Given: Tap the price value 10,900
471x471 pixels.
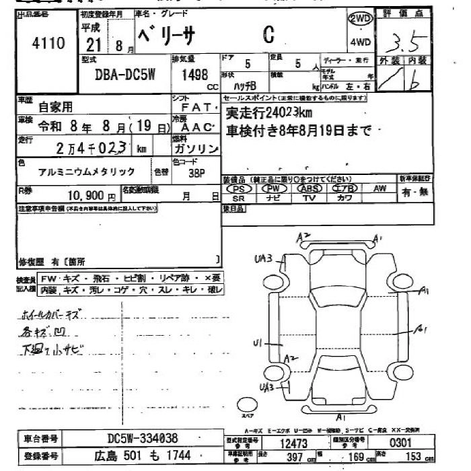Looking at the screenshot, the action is click(87, 196).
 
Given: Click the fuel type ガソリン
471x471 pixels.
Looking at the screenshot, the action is click(194, 148).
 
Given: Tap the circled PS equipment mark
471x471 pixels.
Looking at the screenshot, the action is click(238, 189).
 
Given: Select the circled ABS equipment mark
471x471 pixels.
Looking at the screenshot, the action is click(308, 189).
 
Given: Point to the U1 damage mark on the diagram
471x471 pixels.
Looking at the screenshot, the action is click(257, 344).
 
